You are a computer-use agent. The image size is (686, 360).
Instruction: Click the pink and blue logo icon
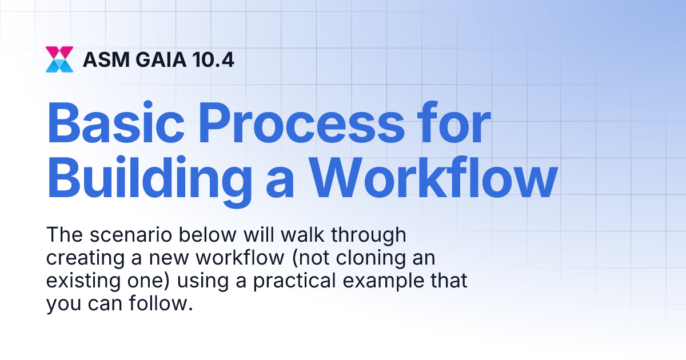59,59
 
